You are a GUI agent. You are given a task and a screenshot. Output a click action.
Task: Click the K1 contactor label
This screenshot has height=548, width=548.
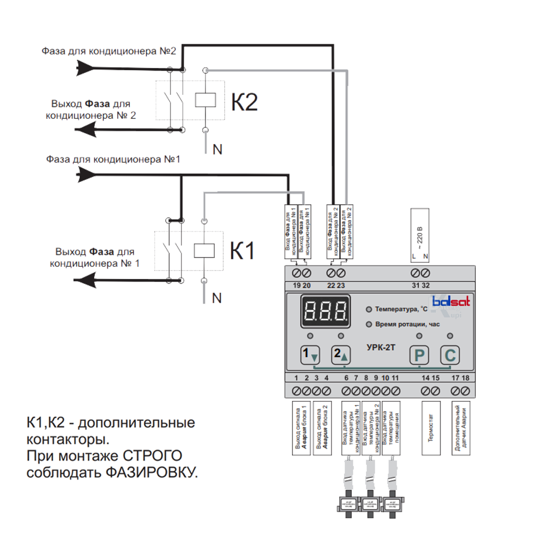coord(242,252)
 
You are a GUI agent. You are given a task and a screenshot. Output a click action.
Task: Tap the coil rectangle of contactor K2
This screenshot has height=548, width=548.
coord(205,100)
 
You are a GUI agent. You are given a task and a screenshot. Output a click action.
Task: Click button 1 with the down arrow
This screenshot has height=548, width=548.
coord(310,355)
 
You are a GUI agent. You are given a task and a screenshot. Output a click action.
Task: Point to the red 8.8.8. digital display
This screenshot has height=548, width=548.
coord(326,312)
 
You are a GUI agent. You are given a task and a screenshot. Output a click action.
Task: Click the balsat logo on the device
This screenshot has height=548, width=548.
coord(451,301)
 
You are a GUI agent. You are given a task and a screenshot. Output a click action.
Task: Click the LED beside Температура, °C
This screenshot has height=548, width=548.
coord(369,310)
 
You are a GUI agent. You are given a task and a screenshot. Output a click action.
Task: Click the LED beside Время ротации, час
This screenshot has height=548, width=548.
coord(369,324)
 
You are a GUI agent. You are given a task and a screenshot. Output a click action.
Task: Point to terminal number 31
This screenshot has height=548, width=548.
coord(416,272)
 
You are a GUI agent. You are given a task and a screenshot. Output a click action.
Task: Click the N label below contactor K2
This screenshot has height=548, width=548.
coord(218,149)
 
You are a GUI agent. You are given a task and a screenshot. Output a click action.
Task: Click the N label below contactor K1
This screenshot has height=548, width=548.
coord(217,298)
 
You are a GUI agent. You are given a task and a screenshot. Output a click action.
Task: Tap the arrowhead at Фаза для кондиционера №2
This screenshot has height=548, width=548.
coord(85,68)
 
